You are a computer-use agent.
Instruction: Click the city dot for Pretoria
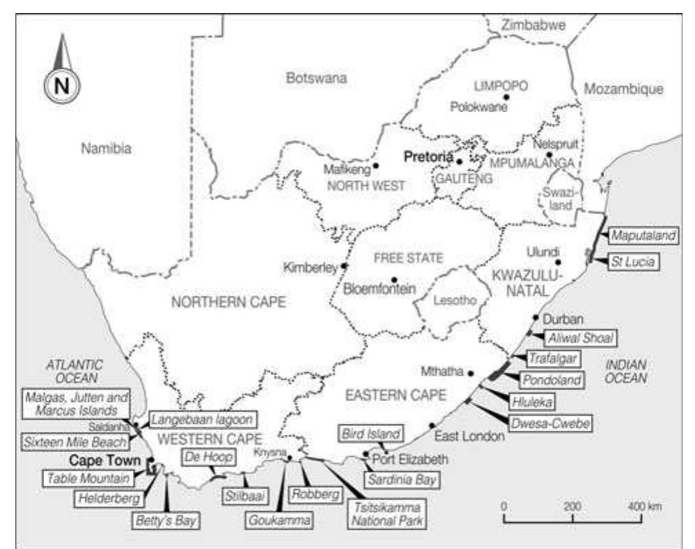coord(459,161)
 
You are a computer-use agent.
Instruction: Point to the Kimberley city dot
coord(344,265)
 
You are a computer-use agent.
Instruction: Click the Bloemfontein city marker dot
coord(394,280)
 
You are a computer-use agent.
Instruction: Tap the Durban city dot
coord(536,317)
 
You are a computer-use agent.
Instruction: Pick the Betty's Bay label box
coord(166,519)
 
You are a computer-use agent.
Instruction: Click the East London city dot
coord(432,425)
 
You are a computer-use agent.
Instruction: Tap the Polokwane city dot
coord(506,98)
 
